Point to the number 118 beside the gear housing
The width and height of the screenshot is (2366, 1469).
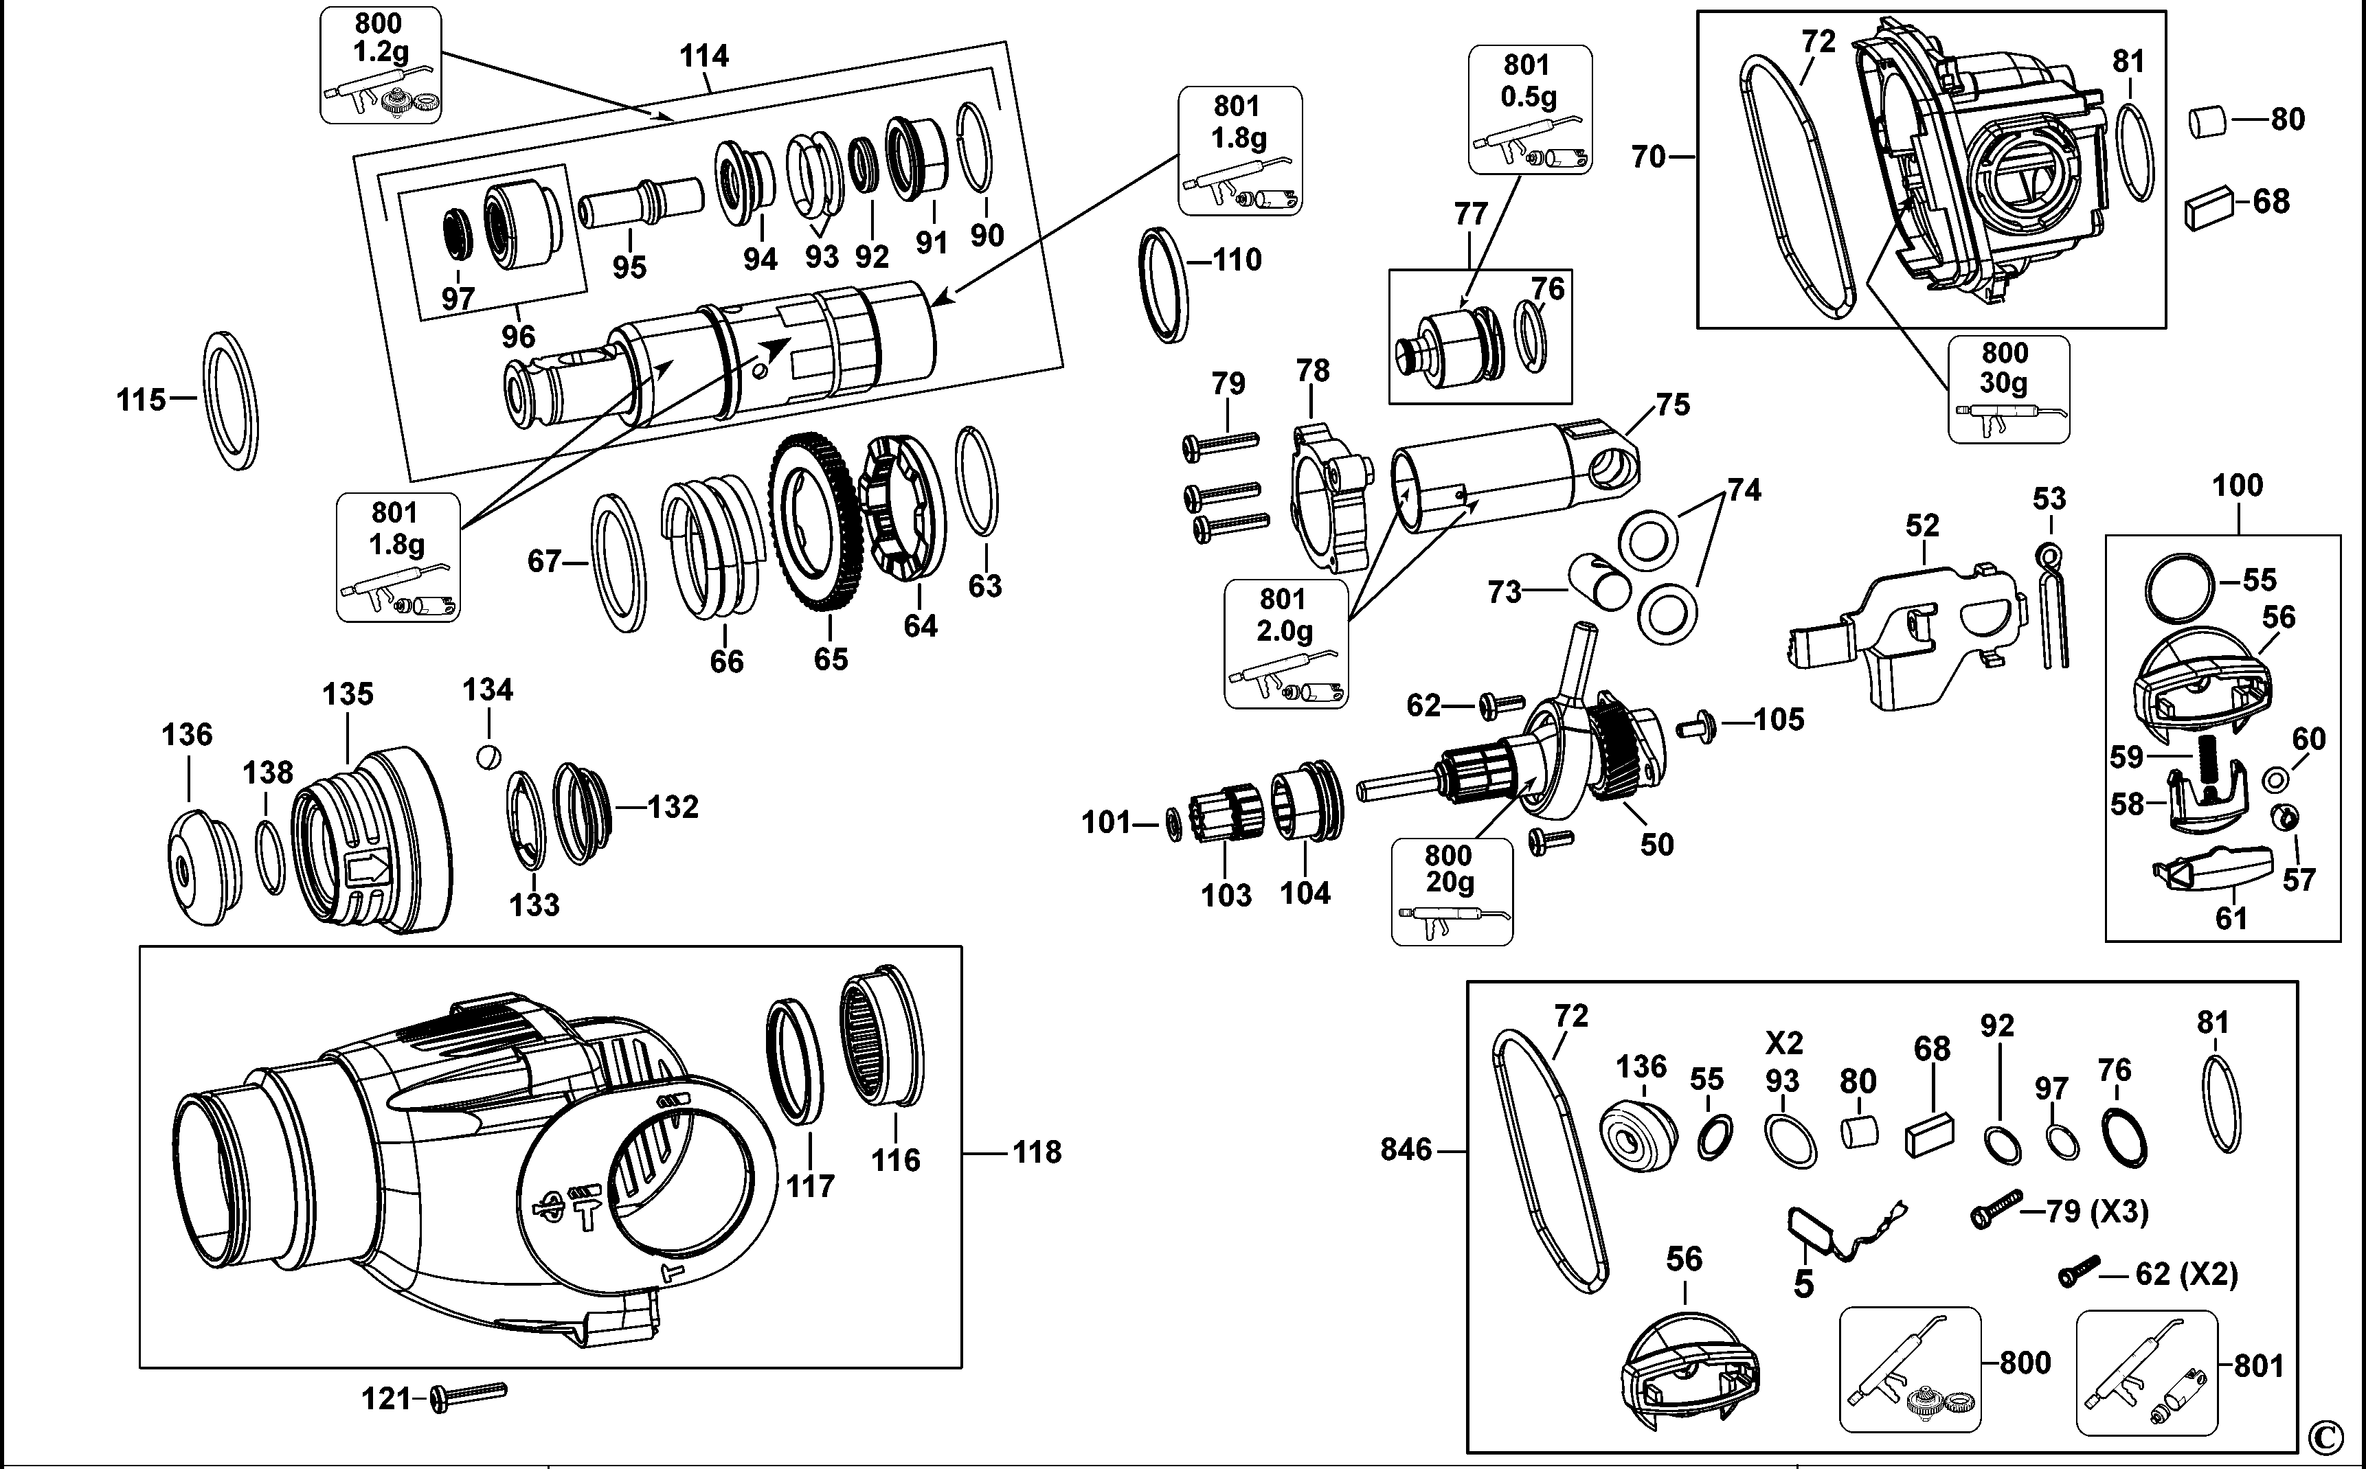coord(1037,1152)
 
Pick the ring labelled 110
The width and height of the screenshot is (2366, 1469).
coord(1163,285)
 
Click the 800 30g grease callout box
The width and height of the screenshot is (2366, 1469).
coord(2009,389)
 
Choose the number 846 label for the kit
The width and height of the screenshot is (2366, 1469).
coord(1406,1150)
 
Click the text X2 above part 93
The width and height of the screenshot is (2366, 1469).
coord(1784,1043)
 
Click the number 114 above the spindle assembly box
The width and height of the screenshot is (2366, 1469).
coord(703,56)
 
